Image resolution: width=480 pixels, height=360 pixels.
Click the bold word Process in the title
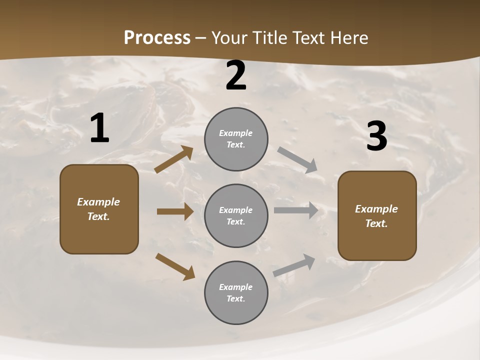(157, 37)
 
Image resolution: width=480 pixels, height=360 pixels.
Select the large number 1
(99, 128)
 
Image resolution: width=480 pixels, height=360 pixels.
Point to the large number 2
(236, 75)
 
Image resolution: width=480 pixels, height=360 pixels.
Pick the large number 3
(376, 136)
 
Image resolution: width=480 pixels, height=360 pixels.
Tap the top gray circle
(236, 139)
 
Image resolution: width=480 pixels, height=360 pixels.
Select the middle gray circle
(236, 215)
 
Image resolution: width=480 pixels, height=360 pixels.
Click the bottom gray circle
(236, 292)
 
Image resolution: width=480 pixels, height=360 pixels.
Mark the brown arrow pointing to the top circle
(174, 159)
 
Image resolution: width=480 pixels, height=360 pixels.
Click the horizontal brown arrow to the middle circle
(175, 211)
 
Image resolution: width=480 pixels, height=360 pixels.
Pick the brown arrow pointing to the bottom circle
(175, 266)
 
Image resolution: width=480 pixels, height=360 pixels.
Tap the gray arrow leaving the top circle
(297, 160)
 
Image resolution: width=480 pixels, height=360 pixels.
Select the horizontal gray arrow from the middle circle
(296, 210)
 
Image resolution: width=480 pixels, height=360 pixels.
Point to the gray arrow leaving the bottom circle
(294, 265)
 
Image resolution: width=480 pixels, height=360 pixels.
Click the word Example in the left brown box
(98, 202)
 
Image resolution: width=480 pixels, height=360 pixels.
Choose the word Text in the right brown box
(375, 223)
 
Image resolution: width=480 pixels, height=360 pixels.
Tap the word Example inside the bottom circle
(236, 287)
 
